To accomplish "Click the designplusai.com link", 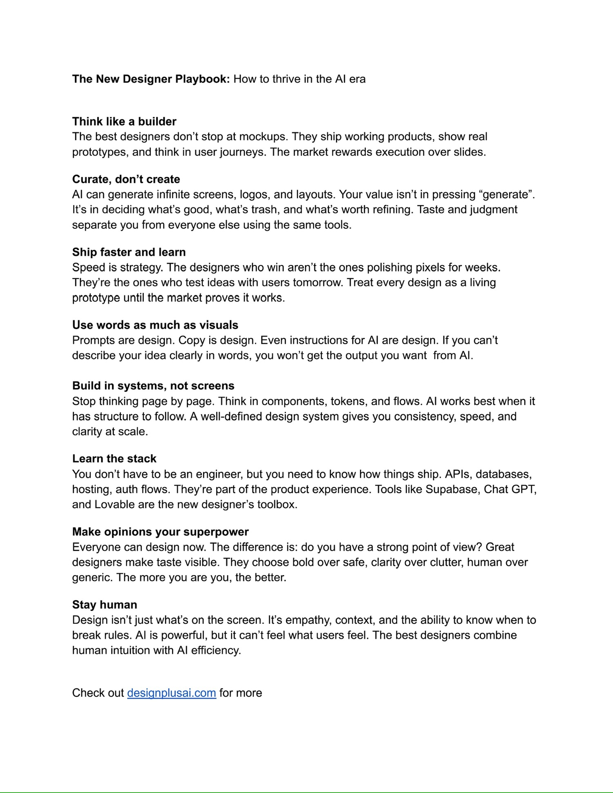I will point(171,693).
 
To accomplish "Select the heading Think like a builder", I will point(124,121).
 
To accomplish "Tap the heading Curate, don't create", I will point(126,179).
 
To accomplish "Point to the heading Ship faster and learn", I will point(129,252).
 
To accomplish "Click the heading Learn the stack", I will point(114,458).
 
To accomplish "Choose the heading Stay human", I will point(105,604).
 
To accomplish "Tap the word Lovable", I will point(114,504).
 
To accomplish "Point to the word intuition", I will point(128,650).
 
